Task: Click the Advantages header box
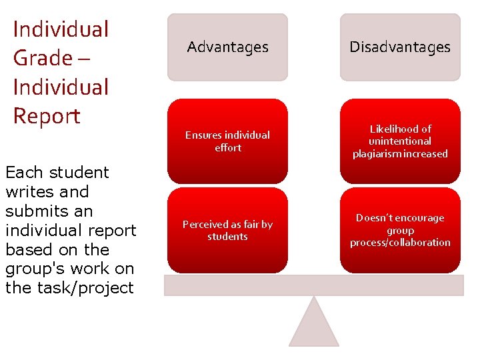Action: coord(227,47)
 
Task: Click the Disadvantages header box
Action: coord(400,47)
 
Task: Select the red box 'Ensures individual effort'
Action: coord(227,141)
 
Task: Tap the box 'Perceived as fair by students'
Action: coord(227,230)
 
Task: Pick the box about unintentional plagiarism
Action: coord(400,141)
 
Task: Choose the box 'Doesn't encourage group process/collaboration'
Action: coord(400,230)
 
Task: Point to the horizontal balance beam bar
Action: coord(313,285)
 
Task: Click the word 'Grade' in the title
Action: coord(39,58)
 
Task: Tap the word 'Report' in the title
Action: coord(47,116)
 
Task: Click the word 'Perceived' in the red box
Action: coord(206,224)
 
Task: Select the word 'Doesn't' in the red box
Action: coord(377,218)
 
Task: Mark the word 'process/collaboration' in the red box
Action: coord(400,243)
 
